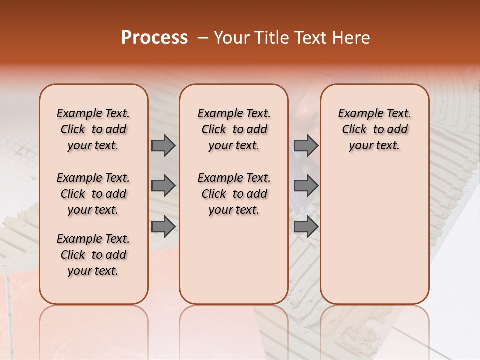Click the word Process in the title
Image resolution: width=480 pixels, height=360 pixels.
coord(154,38)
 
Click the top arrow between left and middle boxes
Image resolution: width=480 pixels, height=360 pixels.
coord(163,145)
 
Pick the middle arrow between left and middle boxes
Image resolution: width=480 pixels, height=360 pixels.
coord(163,186)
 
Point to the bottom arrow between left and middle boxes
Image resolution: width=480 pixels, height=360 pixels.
coord(163,227)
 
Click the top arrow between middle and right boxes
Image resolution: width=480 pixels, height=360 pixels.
coord(306,145)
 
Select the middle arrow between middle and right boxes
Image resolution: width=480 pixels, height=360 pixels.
coord(306,186)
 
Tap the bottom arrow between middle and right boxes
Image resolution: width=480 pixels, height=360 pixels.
coord(306,227)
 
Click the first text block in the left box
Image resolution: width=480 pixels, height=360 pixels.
coord(93,129)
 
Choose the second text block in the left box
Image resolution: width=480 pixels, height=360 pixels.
coord(93,194)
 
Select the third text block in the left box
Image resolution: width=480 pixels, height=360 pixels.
coord(93,255)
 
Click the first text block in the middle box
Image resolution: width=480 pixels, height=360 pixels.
coord(234,129)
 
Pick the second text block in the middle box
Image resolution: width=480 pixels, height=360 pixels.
coord(234,194)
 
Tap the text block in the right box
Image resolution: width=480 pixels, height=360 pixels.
coord(374,129)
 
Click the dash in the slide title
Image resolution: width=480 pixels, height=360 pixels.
coord(203,38)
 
